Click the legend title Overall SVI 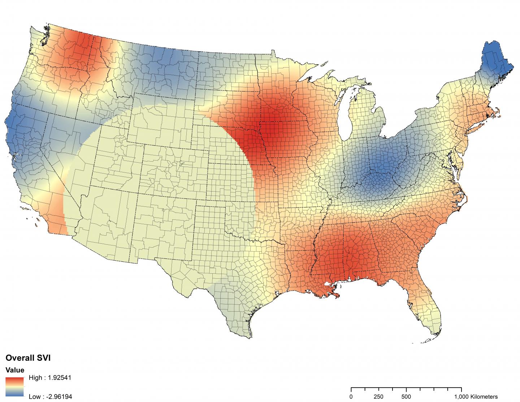point(27,358)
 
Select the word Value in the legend point(15,370)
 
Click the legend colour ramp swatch point(14,387)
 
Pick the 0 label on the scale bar point(351,397)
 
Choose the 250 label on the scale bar point(378,397)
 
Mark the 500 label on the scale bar point(406,397)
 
